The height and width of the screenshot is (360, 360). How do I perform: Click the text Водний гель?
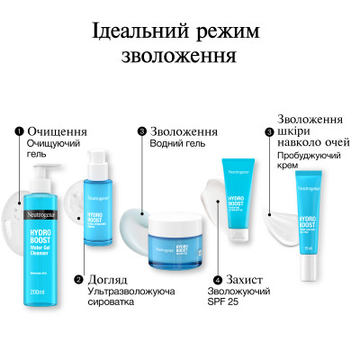tap(177, 143)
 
